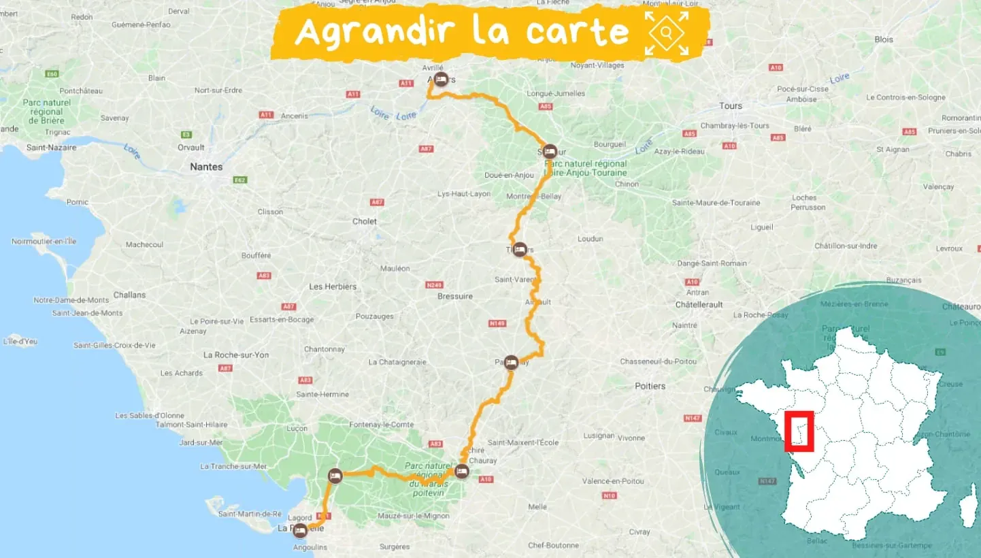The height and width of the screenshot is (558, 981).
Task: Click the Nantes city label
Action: (x=206, y=167)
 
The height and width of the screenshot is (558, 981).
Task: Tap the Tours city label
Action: (x=731, y=106)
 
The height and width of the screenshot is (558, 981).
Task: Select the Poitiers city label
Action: (x=650, y=386)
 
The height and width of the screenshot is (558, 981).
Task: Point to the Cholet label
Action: (x=365, y=221)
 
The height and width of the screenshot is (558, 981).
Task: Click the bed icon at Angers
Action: (x=441, y=80)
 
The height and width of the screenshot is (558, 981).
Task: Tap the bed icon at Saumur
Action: (x=550, y=151)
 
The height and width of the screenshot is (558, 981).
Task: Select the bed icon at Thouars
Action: (x=519, y=250)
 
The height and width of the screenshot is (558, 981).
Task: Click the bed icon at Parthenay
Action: (x=511, y=362)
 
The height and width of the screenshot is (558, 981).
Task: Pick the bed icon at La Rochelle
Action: (x=300, y=531)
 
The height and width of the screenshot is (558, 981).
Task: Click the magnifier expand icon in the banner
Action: (x=667, y=33)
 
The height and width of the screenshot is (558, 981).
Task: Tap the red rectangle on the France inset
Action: (x=799, y=431)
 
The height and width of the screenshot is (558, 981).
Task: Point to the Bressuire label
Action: (x=455, y=296)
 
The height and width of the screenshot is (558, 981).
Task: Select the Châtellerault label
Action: (x=699, y=305)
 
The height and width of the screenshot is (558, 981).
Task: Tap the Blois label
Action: (x=884, y=39)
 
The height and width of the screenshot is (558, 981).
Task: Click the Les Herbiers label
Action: (x=333, y=286)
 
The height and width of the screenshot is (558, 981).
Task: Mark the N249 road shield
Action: (x=433, y=284)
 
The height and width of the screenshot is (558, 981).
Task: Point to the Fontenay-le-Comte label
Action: (x=381, y=425)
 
